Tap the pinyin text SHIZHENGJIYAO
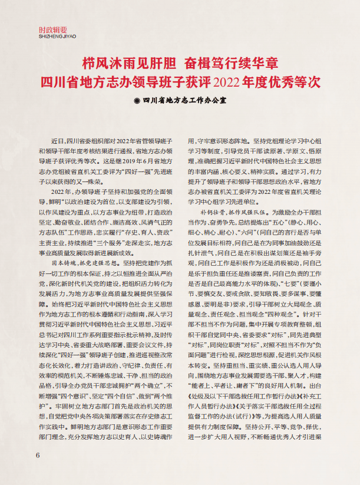tap(53, 35)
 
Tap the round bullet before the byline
tap(137, 100)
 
